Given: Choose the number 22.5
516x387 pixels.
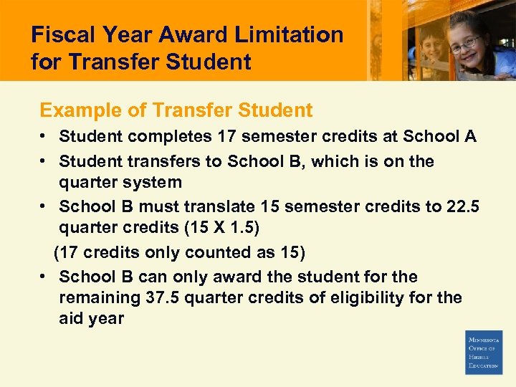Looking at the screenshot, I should pyautogui.click(x=463, y=207).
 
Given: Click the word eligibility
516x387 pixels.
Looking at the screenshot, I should pyautogui.click(x=387, y=297).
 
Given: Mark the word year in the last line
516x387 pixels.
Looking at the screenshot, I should pyautogui.click(x=105, y=318).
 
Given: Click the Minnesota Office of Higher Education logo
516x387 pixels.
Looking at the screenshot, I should pyautogui.click(x=484, y=353).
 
